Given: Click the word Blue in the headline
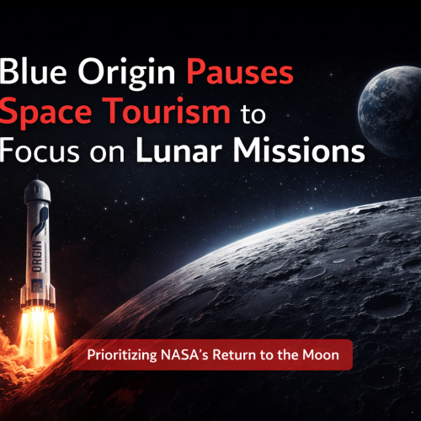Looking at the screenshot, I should (35, 75).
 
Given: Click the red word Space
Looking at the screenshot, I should (55, 113).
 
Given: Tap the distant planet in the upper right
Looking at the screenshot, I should (386, 115).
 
